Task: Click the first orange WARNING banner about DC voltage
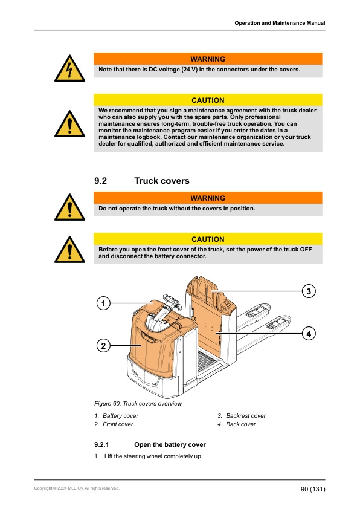point(208,59)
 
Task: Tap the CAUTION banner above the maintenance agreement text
point(208,100)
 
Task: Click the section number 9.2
point(101,181)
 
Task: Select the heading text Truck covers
point(161,181)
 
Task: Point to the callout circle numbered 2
point(103,346)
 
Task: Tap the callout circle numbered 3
point(308,291)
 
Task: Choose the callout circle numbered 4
point(308,333)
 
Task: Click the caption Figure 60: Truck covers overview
point(138,403)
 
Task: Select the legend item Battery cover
point(120,416)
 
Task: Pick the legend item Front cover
point(118,424)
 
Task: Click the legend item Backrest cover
point(245,416)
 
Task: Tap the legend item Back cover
point(240,424)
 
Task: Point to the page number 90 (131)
point(312,488)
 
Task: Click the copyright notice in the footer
point(77,488)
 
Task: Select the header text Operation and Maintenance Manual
point(280,23)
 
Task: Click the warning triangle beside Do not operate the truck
point(71,207)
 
